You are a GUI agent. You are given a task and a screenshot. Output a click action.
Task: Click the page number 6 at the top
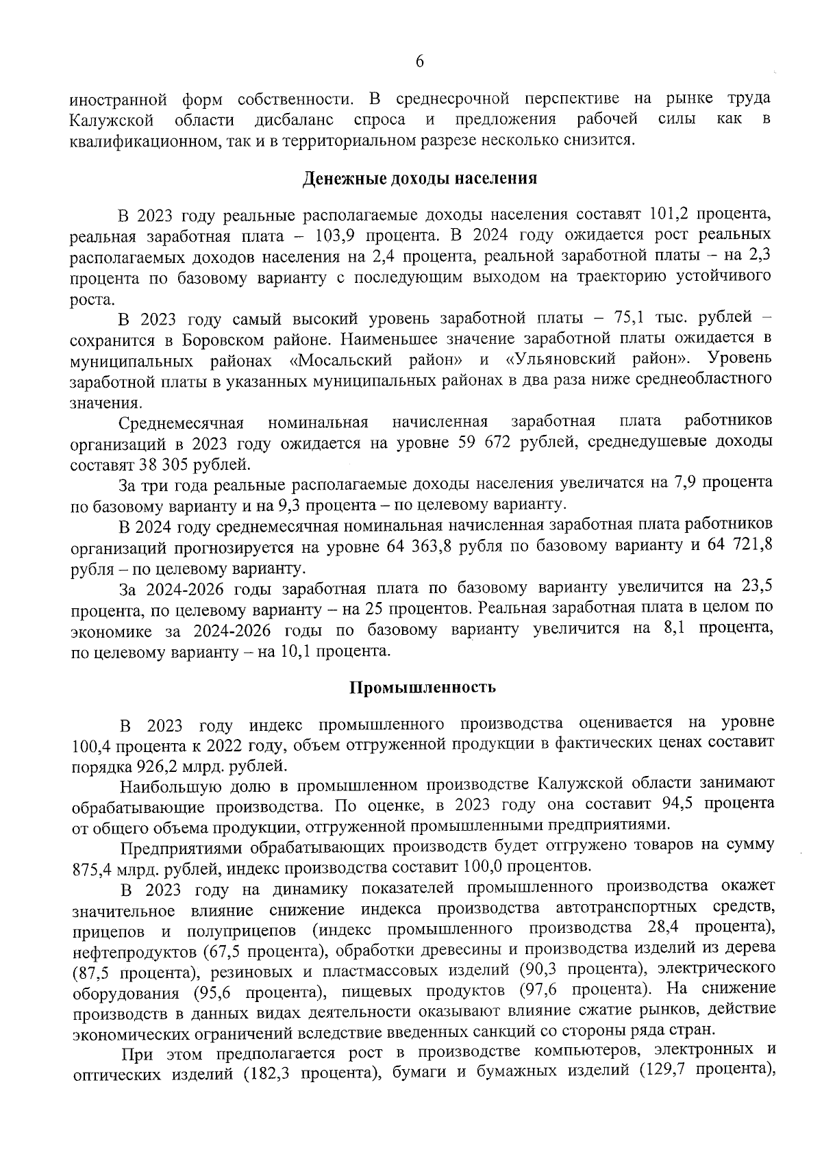420,62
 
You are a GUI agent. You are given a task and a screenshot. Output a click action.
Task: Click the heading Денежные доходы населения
420,179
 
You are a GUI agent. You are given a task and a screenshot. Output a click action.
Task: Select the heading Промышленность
423,687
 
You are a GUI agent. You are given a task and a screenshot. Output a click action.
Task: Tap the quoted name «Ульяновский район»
597,360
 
